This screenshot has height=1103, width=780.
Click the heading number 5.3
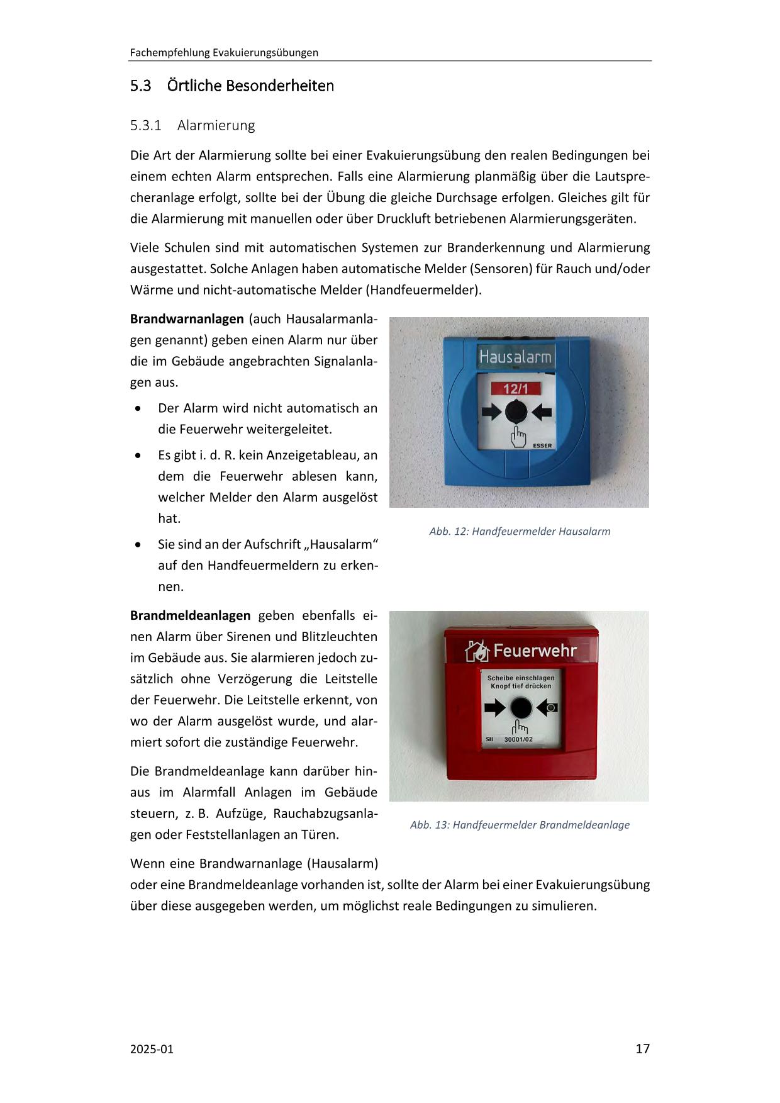[x=140, y=86]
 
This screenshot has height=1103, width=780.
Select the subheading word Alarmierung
[x=216, y=125]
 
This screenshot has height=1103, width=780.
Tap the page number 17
[x=642, y=1049]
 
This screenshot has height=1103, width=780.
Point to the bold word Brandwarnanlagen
[x=186, y=319]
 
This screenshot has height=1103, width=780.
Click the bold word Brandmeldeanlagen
[x=190, y=615]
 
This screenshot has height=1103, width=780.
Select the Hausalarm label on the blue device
[x=515, y=357]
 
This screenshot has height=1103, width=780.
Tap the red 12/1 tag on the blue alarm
[x=516, y=389]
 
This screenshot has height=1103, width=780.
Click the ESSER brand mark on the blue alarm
[x=542, y=445]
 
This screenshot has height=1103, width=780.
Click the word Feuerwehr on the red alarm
[x=535, y=651]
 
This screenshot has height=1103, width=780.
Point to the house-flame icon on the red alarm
[x=477, y=651]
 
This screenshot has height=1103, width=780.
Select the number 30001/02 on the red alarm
[x=518, y=739]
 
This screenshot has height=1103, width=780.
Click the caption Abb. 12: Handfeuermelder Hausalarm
[x=520, y=532]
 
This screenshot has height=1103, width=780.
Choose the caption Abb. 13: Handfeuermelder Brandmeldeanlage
[x=520, y=825]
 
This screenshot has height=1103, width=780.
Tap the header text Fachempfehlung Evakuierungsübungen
[x=224, y=53]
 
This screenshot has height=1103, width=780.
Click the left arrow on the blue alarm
[x=492, y=413]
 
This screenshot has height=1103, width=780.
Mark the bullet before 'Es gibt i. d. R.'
[x=138, y=456]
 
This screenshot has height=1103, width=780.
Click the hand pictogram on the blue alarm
[x=518, y=436]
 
